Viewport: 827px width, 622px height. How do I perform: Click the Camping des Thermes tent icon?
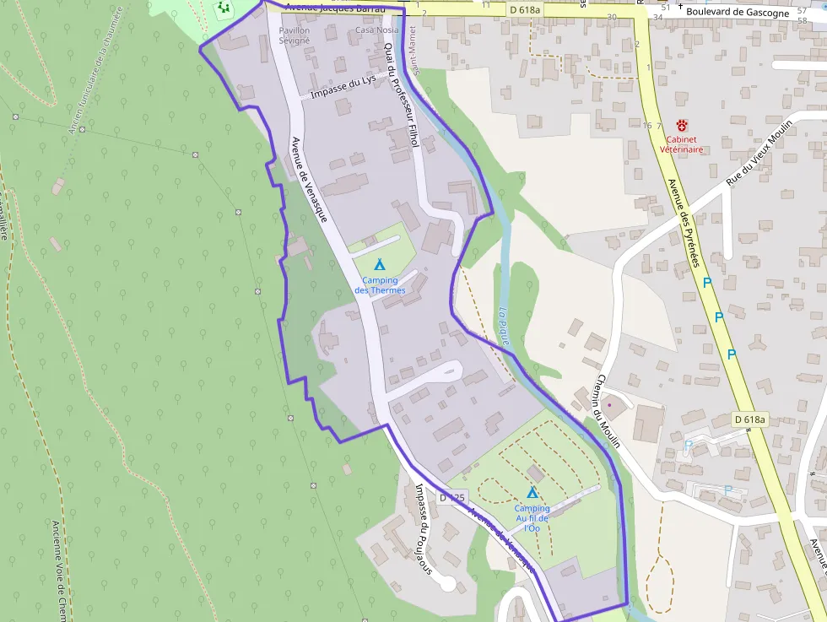click(379, 265)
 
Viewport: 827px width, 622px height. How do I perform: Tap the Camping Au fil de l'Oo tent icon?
click(532, 492)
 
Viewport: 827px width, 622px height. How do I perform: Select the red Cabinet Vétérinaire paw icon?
click(680, 125)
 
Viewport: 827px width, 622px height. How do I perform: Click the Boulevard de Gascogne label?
click(738, 13)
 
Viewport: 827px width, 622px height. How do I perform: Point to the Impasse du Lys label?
click(343, 88)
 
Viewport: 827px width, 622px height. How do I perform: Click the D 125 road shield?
click(451, 498)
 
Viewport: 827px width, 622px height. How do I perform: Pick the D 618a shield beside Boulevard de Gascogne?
click(525, 8)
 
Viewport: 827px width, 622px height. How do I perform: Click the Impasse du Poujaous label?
click(424, 527)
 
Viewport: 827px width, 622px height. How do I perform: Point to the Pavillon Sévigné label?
click(295, 35)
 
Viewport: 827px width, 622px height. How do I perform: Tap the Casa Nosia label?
click(376, 30)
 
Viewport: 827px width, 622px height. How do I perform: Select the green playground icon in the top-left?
click(223, 8)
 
